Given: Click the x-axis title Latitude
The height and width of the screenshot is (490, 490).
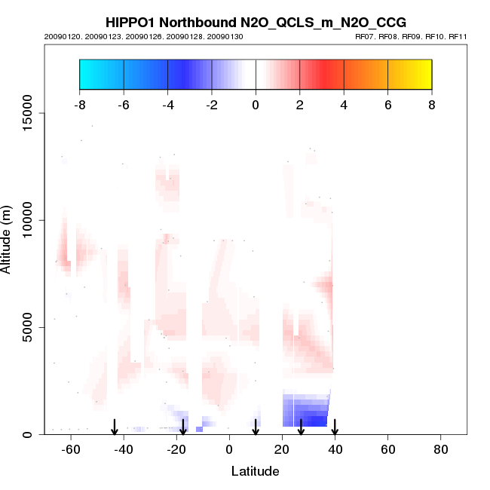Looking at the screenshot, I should click(255, 471).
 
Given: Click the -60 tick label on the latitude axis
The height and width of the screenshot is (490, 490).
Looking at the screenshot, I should click(70, 450).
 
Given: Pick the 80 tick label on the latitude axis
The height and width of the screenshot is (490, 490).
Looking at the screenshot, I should click(441, 450).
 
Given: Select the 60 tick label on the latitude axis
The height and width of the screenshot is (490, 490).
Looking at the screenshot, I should click(388, 450).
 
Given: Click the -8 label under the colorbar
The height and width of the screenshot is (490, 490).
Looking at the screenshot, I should click(79, 105).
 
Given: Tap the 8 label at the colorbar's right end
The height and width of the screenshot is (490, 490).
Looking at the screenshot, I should click(432, 105).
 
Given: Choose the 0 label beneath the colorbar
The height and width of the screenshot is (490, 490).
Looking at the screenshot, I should click(256, 105).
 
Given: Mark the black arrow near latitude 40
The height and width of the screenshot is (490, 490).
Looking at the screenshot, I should click(335, 427).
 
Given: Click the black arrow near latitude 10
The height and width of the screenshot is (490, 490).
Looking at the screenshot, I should click(256, 427).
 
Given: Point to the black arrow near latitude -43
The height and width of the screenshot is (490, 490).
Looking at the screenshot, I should click(115, 427).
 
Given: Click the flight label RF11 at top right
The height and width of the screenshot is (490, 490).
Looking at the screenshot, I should click(460, 36).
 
